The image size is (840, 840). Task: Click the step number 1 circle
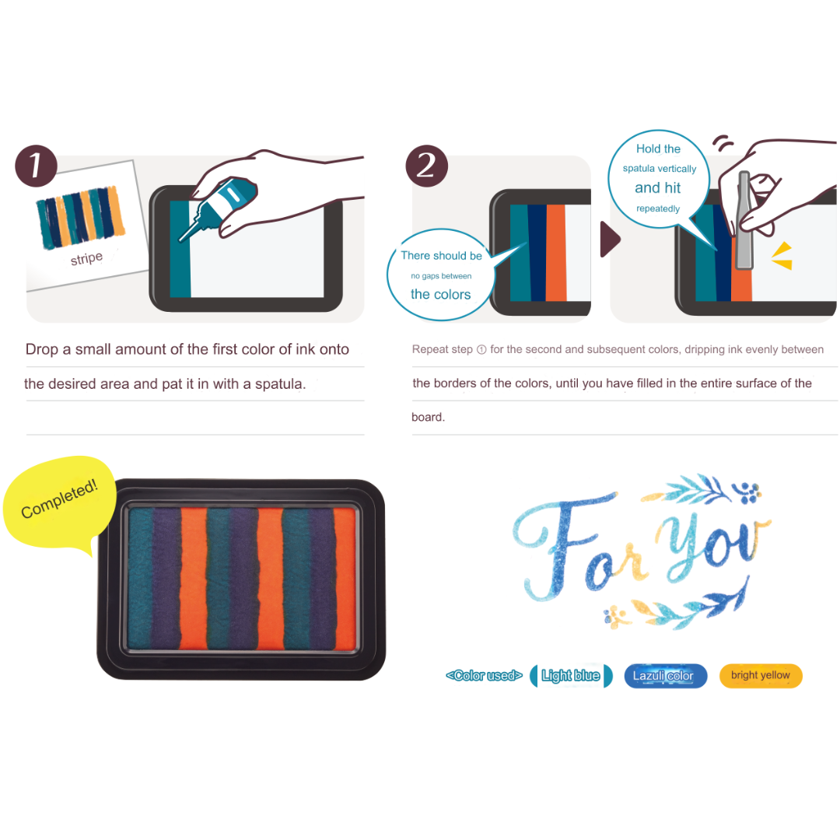(x=36, y=166)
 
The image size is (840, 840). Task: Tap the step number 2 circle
(x=426, y=166)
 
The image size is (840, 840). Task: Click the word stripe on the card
(x=86, y=259)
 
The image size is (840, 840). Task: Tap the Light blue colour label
(x=571, y=676)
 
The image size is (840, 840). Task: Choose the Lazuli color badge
(x=665, y=676)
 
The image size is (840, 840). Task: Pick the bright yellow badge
(x=760, y=676)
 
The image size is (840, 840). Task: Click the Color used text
(x=484, y=676)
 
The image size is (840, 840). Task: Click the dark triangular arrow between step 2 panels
(x=611, y=239)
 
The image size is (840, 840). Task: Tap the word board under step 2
(x=427, y=418)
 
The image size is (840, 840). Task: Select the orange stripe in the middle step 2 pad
(x=555, y=252)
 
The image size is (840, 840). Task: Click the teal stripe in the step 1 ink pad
(x=180, y=249)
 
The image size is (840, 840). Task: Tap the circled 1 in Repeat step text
(x=481, y=350)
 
